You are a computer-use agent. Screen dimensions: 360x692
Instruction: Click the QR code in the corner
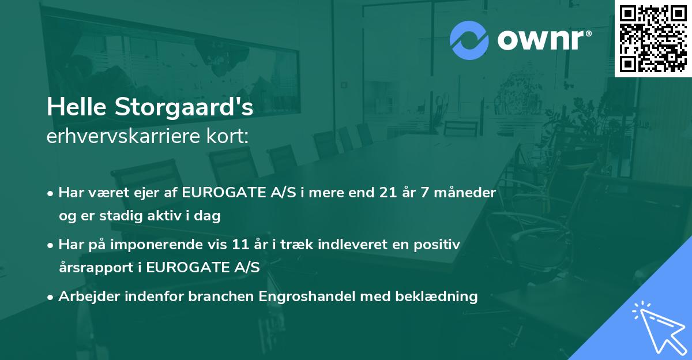[652, 38]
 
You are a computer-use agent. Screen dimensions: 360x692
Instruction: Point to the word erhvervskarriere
[127, 137]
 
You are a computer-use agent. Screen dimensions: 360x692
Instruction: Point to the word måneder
[465, 193]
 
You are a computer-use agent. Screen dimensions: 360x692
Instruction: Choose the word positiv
[439, 245]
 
